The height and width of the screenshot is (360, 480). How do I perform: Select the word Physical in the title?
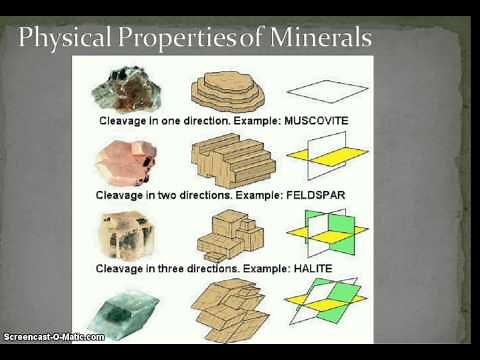click(x=62, y=39)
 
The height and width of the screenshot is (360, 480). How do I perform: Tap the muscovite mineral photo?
click(x=123, y=86)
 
